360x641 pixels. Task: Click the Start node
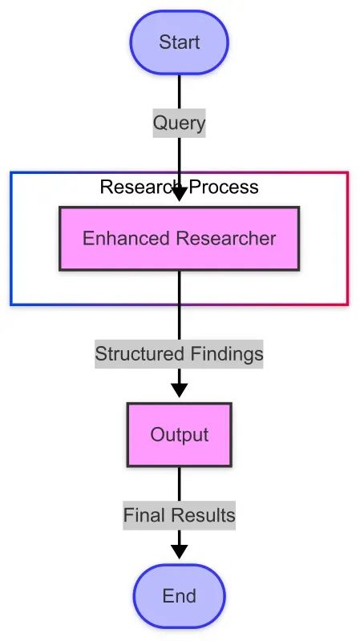coord(179,42)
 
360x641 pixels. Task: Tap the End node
coord(179,595)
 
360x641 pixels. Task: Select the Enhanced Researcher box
coord(179,238)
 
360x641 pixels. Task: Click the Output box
coord(179,434)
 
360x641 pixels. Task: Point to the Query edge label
coord(179,123)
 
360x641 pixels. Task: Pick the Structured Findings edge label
coord(179,353)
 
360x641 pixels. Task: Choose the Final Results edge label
coord(179,515)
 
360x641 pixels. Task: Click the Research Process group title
coord(179,187)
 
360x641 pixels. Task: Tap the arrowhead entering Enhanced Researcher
coord(179,195)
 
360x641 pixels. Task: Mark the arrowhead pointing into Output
coord(179,390)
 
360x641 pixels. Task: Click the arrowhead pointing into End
coord(179,552)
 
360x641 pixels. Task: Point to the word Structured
coord(133,353)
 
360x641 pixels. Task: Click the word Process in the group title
coord(224,187)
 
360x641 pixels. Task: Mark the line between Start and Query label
coord(179,92)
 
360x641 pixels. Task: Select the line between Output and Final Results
coord(179,484)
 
